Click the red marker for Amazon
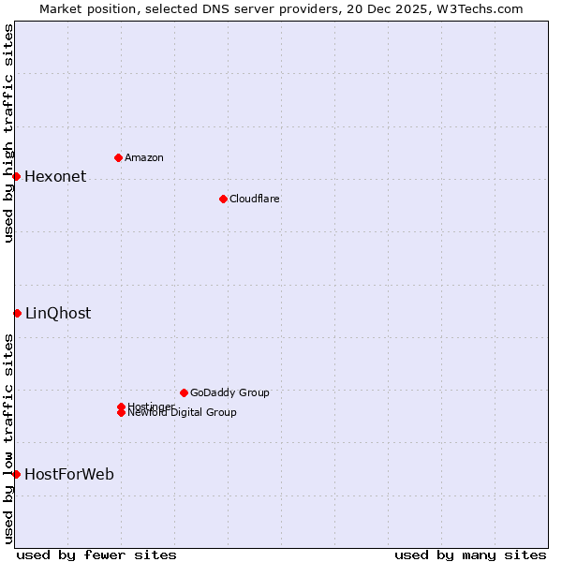click(118, 157)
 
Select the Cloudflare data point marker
click(223, 199)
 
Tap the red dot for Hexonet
click(16, 176)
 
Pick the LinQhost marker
click(17, 313)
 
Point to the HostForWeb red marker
click(16, 474)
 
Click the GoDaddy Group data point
click(184, 392)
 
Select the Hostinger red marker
click(121, 407)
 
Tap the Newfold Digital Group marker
click(121, 413)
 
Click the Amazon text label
click(144, 157)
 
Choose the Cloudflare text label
click(255, 199)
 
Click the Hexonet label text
click(55, 177)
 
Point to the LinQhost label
click(58, 314)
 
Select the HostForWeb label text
click(69, 475)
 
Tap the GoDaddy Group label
click(229, 392)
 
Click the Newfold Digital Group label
click(183, 413)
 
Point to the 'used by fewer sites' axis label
click(96, 555)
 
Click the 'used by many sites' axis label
click(470, 555)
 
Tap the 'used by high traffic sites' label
click(8, 133)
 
